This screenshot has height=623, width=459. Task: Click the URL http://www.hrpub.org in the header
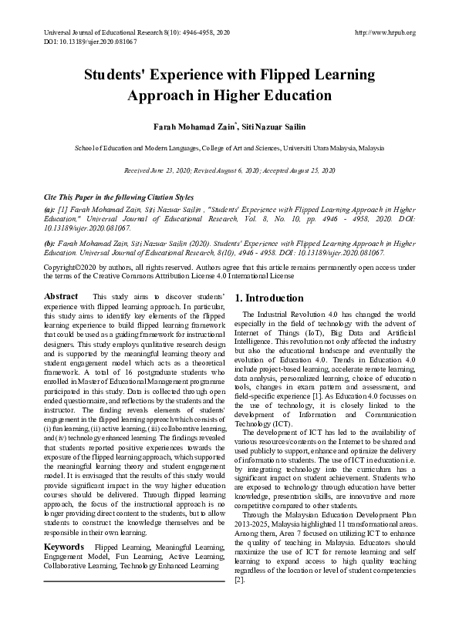384,32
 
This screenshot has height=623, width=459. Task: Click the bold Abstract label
61,296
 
